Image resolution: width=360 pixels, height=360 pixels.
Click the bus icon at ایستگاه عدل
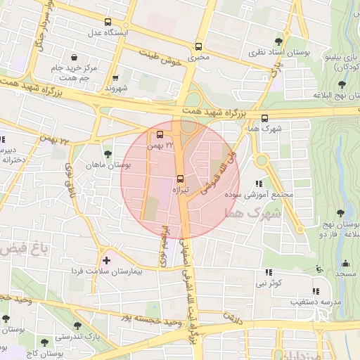click(x=108, y=22)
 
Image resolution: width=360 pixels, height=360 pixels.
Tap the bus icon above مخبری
click(x=199, y=44)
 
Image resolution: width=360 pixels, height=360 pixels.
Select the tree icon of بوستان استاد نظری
click(x=279, y=41)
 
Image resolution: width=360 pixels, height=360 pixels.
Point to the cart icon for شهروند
click(x=115, y=77)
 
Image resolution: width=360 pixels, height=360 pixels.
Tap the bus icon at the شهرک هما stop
click(x=264, y=118)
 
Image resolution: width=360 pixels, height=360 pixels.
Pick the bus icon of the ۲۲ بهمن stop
click(x=160, y=134)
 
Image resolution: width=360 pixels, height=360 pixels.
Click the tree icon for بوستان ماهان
click(x=107, y=153)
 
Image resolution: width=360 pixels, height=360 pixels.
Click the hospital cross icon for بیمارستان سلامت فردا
click(x=106, y=261)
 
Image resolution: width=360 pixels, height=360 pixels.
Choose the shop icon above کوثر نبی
click(x=268, y=272)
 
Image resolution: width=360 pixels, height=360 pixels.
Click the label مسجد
click(x=345, y=272)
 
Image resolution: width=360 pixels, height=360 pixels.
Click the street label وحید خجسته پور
click(x=160, y=321)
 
